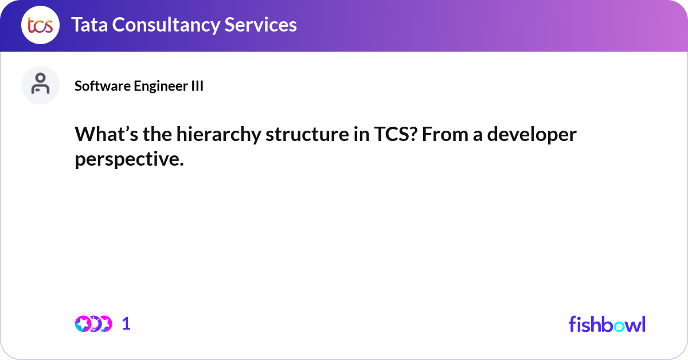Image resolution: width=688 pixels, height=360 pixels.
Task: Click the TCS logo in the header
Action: [40, 25]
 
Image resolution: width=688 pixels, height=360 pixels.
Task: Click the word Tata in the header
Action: [89, 25]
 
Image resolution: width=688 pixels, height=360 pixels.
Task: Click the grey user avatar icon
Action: [40, 85]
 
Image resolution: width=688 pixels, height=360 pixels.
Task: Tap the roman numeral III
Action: [197, 86]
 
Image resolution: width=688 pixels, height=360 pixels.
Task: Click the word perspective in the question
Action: [128, 160]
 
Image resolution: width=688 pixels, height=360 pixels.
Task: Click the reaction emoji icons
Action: [93, 324]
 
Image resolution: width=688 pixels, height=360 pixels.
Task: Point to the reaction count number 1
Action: [127, 324]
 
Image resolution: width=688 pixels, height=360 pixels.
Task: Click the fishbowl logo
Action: [607, 324]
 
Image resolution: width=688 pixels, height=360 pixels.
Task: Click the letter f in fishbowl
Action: [572, 324]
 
